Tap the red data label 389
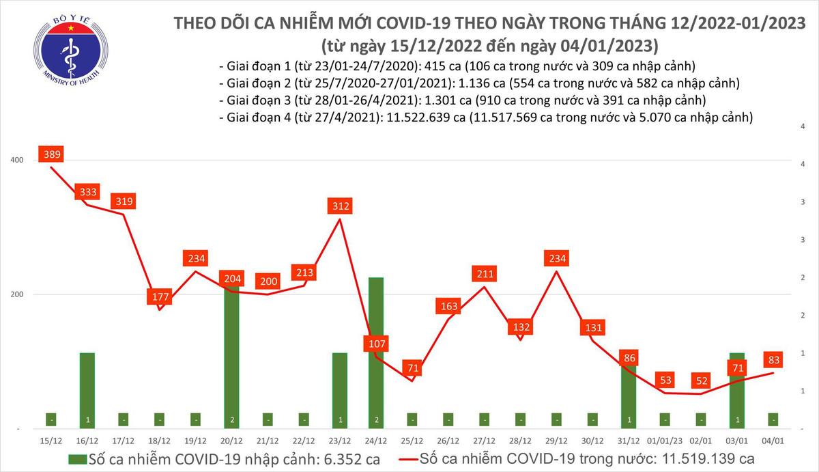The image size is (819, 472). pos(52,155)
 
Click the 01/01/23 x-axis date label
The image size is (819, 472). pos(665,441)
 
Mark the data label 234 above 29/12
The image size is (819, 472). pos(556,259)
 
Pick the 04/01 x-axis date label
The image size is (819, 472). pos(773,441)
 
